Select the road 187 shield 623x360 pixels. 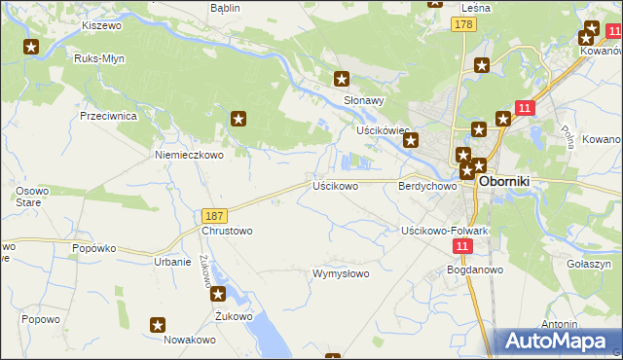216,214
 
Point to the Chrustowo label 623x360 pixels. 226,232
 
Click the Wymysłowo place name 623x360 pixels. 341,273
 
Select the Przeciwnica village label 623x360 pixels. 108,115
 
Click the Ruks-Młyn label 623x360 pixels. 99,58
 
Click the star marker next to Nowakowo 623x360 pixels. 159,325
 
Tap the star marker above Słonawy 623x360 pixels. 342,79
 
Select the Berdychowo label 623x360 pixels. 427,185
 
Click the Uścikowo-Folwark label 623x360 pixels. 445,231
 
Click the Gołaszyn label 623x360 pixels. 587,264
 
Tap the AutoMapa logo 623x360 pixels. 556,341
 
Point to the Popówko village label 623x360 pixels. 95,248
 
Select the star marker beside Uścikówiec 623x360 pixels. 411,140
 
